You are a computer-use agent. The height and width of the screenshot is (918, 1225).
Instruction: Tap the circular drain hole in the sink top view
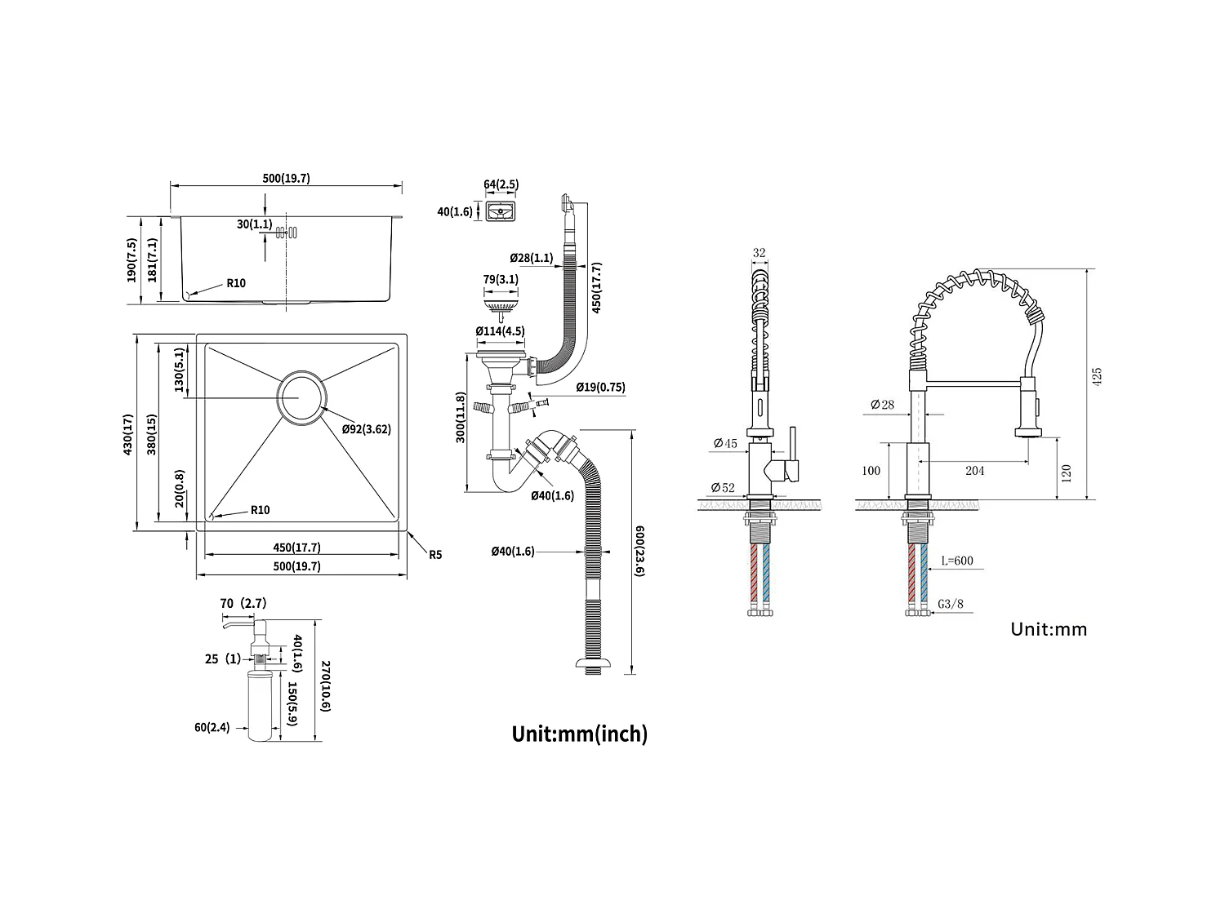pos(301,398)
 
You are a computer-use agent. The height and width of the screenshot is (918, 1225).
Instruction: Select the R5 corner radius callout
pos(434,555)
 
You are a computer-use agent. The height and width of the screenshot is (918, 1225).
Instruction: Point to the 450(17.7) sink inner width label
pos(296,548)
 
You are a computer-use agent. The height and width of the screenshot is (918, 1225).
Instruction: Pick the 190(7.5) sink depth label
pos(131,260)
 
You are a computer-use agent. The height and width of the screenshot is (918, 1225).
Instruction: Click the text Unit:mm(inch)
pos(579,734)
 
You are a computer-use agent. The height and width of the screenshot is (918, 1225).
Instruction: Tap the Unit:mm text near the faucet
pos(1049,628)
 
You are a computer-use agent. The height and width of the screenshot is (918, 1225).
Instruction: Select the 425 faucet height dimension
pos(1098,376)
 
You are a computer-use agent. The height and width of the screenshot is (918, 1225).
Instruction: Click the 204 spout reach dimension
pos(974,470)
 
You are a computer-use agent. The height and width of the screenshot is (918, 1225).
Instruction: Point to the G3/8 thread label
pos(950,604)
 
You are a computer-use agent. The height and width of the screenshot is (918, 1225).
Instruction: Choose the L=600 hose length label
pos(956,561)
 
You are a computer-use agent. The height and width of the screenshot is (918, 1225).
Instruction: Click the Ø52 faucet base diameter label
pos(724,488)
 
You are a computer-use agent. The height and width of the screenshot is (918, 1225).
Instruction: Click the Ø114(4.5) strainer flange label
pos(500,331)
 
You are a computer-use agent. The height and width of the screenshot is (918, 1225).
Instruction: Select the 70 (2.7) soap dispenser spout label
pos(243,603)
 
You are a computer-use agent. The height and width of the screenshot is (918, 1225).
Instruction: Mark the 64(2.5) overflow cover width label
pos(501,184)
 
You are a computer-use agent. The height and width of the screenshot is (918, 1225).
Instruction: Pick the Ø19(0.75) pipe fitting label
pos(600,388)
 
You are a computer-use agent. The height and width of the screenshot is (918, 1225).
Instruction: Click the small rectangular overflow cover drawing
pos(501,212)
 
